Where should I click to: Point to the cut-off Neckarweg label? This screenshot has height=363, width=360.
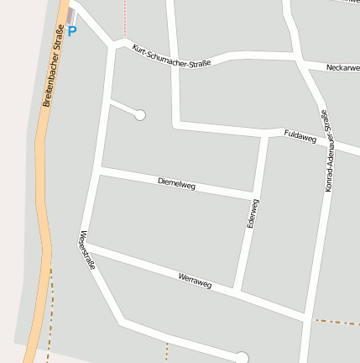pos(342,66)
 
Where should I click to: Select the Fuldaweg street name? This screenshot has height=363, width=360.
pos(300,136)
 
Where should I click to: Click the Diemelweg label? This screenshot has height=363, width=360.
pos(176,182)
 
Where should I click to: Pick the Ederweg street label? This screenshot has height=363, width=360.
pos(252,213)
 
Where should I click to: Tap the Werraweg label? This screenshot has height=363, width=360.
pos(195,280)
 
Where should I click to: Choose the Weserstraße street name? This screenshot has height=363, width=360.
pos(86,250)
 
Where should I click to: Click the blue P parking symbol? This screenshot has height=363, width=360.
pos(71,31)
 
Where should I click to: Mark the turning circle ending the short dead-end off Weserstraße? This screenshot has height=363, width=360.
pos(140,114)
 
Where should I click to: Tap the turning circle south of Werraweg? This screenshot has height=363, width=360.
pos(243,358)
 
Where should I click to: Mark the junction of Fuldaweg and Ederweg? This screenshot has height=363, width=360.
pos(268,134)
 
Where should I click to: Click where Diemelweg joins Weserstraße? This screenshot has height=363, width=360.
pos(100,170)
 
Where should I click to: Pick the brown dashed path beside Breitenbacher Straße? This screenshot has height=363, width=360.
pos(51,311)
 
